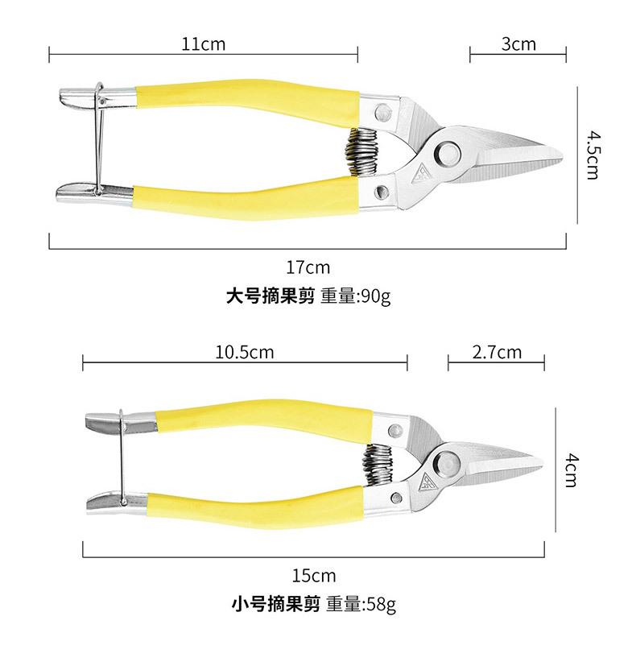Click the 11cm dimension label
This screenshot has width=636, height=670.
(x=204, y=44)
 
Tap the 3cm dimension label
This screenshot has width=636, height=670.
(x=518, y=44)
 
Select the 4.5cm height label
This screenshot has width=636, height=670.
(x=592, y=155)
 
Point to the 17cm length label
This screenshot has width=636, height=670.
(x=308, y=267)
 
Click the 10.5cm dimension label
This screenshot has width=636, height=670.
(x=244, y=352)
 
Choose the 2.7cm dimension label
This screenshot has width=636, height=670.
(x=498, y=352)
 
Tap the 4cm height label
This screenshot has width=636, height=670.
(x=570, y=470)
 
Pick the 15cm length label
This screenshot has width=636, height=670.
(x=314, y=576)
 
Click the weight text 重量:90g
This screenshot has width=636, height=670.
(x=355, y=296)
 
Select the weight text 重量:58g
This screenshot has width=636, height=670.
(x=361, y=604)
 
